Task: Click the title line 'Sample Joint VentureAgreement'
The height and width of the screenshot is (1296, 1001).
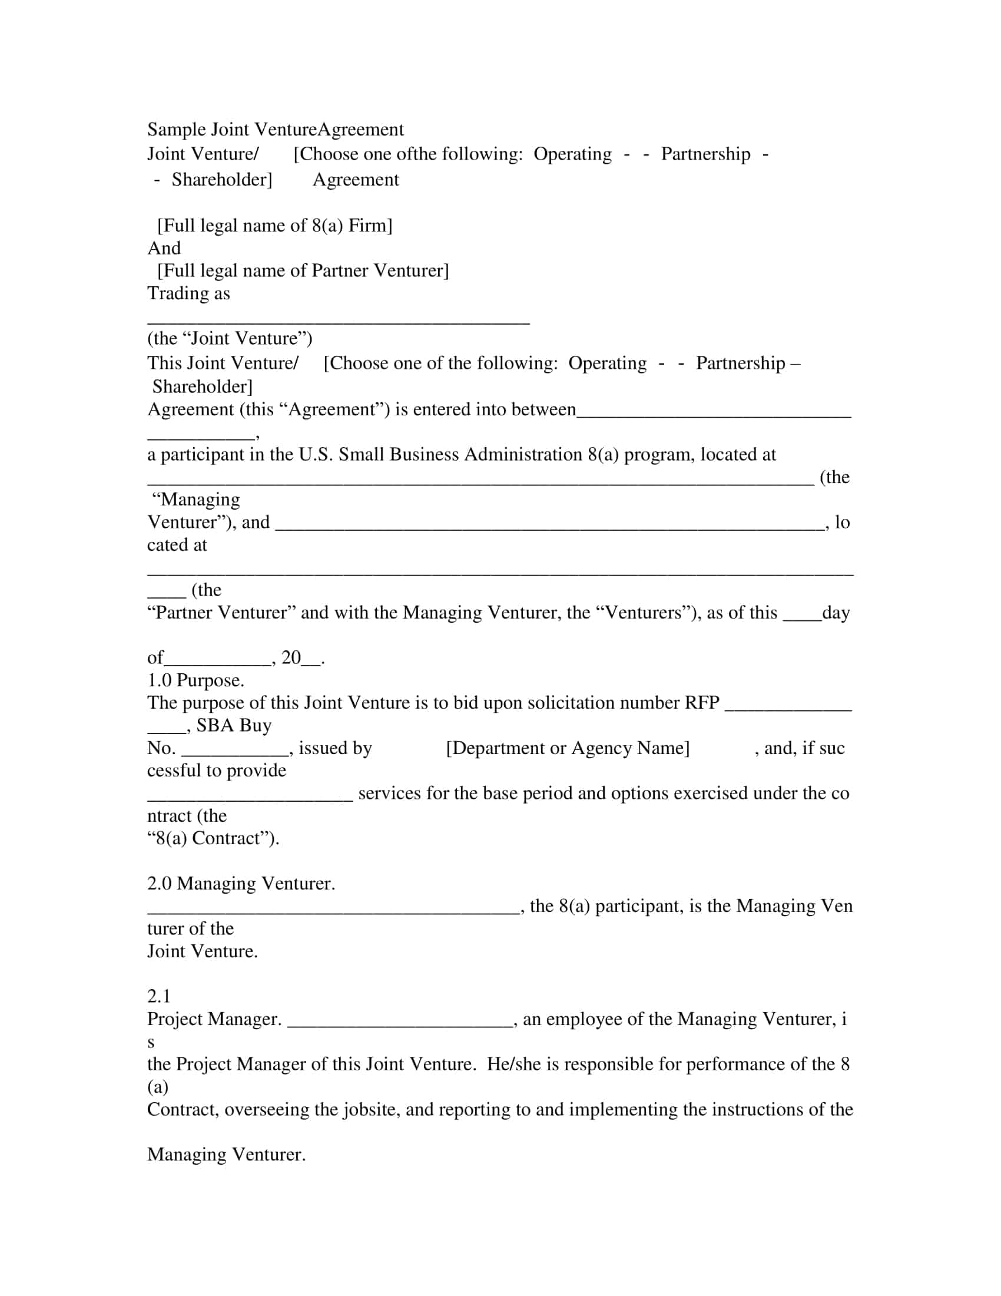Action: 275,130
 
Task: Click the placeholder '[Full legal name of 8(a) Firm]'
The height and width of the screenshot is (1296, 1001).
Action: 274,226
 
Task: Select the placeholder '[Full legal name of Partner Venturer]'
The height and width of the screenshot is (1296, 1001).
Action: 303,270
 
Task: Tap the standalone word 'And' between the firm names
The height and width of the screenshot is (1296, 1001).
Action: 164,248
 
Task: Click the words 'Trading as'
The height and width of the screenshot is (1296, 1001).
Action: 188,293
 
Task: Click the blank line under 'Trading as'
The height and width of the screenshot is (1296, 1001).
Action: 338,321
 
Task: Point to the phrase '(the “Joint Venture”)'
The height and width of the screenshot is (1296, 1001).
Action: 230,338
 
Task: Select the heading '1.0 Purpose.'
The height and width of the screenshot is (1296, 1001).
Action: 195,680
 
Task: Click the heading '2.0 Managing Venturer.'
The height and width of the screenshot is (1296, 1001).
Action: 241,883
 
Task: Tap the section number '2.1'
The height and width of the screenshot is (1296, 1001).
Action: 158,996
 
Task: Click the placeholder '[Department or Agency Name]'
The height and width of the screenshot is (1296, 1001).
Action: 568,748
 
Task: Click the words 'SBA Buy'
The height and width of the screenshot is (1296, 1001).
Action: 234,725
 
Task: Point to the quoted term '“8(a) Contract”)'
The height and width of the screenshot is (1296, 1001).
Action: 213,838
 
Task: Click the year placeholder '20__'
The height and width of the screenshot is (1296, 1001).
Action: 302,657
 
